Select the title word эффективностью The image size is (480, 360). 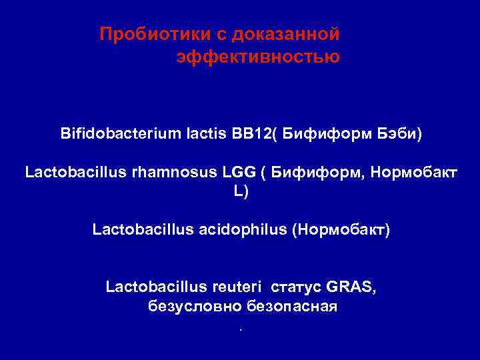pyautogui.click(x=258, y=58)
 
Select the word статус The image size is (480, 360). pyautogui.click(x=297, y=287)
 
